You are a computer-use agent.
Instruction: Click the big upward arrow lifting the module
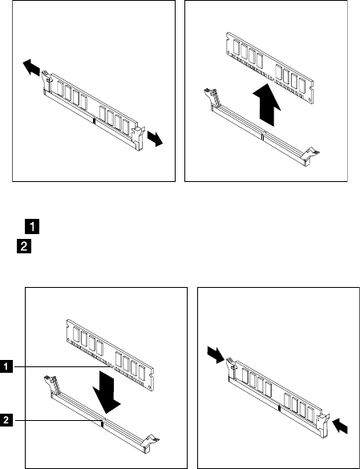(x=267, y=105)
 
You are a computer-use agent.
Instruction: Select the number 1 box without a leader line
(x=32, y=226)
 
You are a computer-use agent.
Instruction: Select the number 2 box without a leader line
(x=24, y=246)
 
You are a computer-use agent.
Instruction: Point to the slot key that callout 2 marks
(x=102, y=423)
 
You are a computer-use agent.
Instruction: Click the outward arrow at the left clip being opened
(x=31, y=67)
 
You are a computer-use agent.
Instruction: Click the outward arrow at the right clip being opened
(x=155, y=139)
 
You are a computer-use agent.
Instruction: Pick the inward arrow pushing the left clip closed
(x=216, y=354)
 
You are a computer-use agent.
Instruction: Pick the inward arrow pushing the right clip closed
(x=340, y=426)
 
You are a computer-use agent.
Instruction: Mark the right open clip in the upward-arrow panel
(x=311, y=156)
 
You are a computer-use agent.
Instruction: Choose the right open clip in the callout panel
(x=152, y=443)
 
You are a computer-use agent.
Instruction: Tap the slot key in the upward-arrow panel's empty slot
(x=262, y=137)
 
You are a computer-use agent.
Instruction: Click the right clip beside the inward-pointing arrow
(x=323, y=426)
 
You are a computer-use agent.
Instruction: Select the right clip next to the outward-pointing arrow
(x=138, y=138)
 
